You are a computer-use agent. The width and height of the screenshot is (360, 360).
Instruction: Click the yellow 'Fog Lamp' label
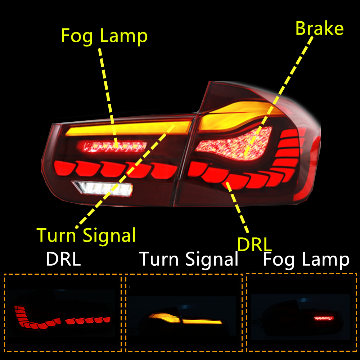(104, 36)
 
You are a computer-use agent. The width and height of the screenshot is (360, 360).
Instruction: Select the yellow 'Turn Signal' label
(86, 235)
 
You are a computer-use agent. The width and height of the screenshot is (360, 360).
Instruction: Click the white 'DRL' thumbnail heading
(63, 259)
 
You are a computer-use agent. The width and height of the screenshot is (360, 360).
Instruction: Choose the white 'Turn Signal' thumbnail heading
(189, 259)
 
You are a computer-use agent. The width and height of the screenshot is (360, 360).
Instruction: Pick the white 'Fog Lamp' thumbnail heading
(306, 259)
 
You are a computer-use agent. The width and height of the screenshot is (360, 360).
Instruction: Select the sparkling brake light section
(234, 144)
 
